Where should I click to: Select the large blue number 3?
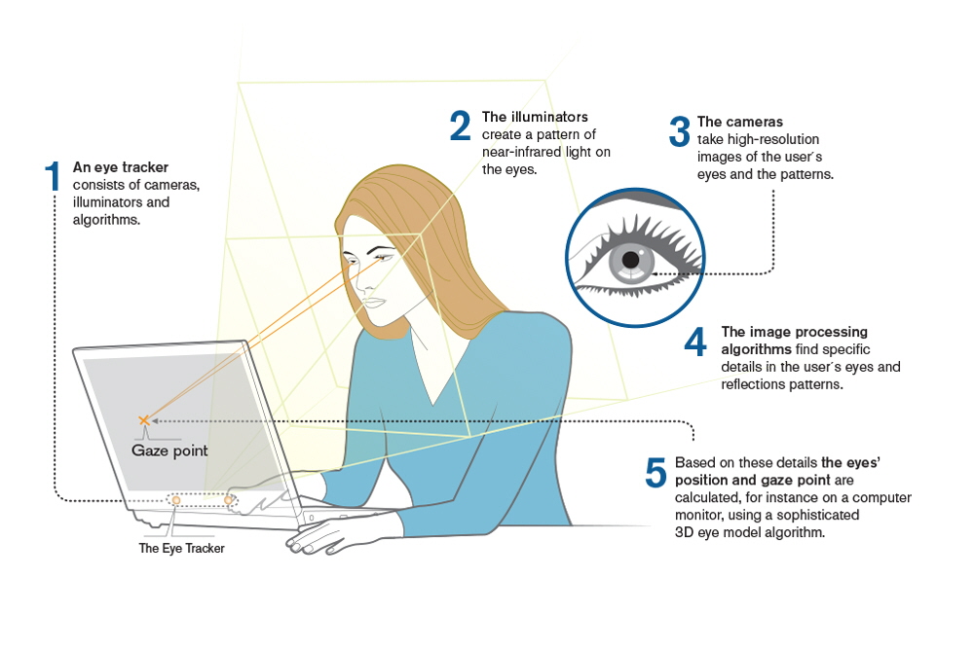pos(679,133)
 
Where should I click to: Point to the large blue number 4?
pos(695,343)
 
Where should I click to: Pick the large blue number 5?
pos(656,473)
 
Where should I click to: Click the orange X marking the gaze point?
pos(143,419)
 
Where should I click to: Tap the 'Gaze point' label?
pos(169,451)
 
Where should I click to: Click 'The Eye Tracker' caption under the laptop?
pos(181,549)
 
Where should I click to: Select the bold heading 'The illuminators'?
pos(535,117)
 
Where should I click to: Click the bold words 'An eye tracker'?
pos(120,167)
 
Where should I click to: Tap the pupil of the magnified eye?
pos(631,261)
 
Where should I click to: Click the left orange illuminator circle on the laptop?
pos(175,499)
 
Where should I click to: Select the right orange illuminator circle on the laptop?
pos(230,500)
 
